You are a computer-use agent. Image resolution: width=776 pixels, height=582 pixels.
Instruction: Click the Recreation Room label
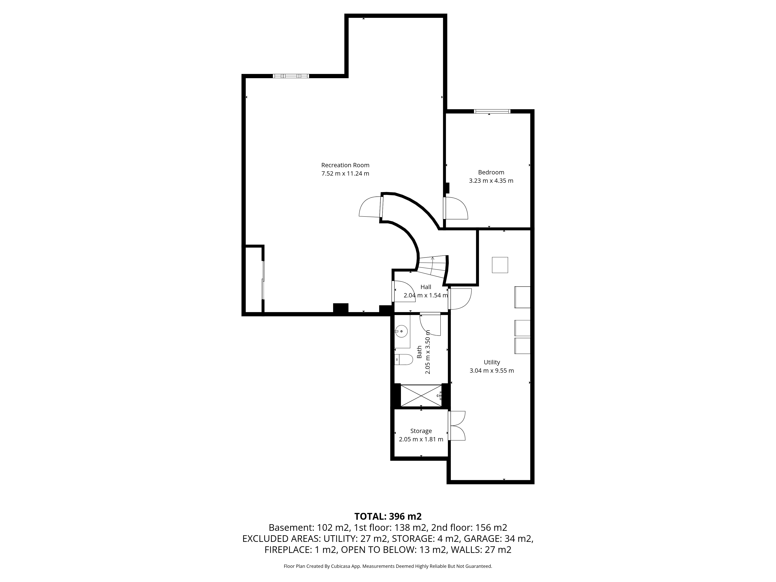(345, 165)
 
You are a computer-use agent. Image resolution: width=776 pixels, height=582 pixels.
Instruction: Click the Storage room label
(421, 431)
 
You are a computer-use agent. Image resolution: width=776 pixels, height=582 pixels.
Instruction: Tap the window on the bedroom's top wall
(492, 112)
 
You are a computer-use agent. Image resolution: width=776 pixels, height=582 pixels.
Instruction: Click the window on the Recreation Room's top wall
(291, 76)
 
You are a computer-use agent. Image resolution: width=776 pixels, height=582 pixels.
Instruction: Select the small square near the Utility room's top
(500, 265)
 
